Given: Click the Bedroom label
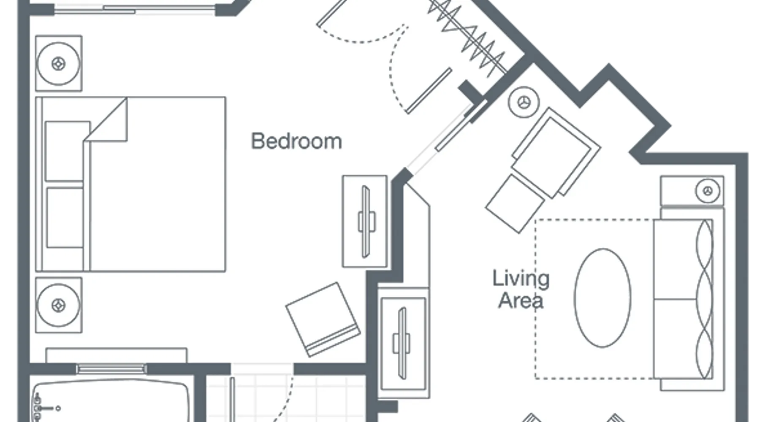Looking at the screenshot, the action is pos(296,141).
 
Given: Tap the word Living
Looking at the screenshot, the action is pos(521,279).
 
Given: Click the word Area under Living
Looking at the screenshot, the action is pos(521,300).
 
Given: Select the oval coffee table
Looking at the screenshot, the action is pos(603,298).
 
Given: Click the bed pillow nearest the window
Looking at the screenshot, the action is pos(67,151).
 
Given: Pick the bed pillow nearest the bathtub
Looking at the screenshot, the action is pos(65,218).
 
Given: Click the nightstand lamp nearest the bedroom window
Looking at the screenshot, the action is pos(58,64).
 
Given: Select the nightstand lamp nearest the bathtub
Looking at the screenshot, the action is pos(58,305).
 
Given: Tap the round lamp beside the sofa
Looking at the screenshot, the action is pos(708,191).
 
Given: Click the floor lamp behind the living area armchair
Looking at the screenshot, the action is pos(524,103).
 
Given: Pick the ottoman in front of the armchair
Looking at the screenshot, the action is pos(515,204).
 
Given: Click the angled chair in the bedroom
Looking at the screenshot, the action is pos(323,319).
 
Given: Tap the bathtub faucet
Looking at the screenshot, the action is pos(42,408).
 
